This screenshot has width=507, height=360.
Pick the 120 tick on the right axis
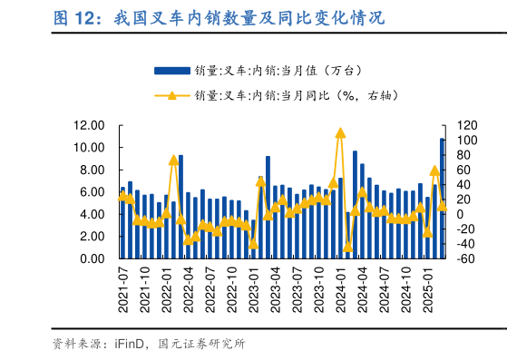[x=464, y=125]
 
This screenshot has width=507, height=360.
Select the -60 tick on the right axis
[x=464, y=258]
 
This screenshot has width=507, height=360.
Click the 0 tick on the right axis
[x=460, y=214]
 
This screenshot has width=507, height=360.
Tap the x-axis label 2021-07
[x=124, y=289]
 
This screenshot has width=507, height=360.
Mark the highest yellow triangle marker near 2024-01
[x=340, y=132]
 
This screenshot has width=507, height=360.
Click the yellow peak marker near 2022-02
[x=173, y=160]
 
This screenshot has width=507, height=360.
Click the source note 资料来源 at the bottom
[x=149, y=344]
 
